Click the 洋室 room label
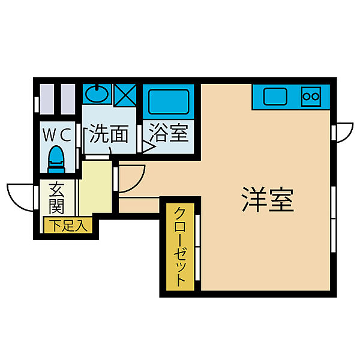268,199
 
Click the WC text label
57,133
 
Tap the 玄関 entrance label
56,199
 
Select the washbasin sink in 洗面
96,94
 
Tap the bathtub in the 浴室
169,100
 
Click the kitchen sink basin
275,95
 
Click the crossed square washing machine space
125,95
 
